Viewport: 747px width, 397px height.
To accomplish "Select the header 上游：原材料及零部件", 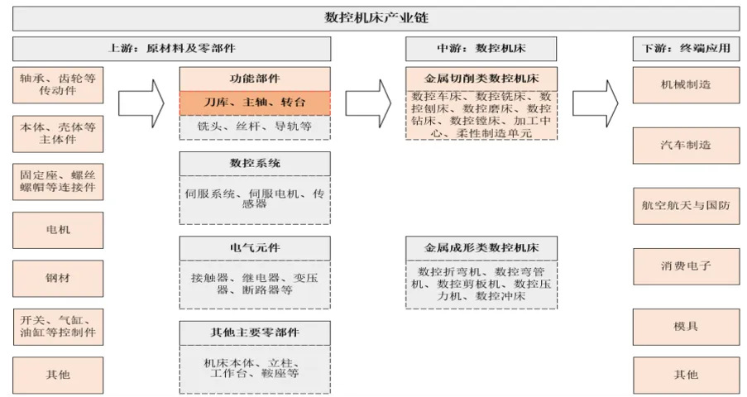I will point(171,48).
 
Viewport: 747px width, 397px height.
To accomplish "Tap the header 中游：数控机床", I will point(481,48).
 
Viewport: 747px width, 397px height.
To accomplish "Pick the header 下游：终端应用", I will point(686,48).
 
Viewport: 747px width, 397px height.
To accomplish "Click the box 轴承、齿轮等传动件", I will point(58,84).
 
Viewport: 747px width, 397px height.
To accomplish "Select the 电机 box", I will point(58,229).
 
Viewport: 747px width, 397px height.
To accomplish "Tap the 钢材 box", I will point(58,279).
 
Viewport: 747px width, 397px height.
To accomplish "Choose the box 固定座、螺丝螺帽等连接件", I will point(58,181).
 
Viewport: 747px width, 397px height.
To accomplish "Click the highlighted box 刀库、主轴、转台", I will point(255,103).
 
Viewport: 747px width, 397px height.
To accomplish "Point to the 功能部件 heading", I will point(255,79).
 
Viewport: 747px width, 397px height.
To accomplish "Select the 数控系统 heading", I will point(255,164).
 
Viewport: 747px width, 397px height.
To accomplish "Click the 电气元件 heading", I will point(255,247).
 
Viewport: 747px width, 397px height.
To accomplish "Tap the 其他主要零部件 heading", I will point(255,332).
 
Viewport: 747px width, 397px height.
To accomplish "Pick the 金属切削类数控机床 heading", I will point(481,79).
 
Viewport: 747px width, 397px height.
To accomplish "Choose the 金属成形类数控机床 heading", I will point(481,247).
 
